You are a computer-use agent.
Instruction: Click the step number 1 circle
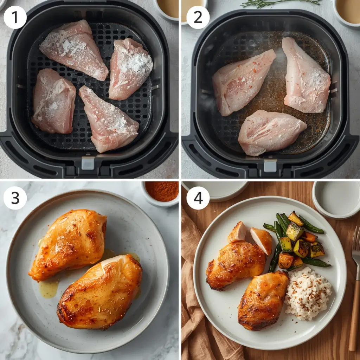[15, 17]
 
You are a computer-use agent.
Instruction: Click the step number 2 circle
[198, 17]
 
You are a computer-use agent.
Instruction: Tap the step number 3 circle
[15, 198]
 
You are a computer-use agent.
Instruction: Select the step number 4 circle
[198, 198]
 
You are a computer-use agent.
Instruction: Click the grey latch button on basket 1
[88, 163]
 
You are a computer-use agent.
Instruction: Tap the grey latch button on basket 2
[270, 165]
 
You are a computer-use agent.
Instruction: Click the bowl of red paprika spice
[162, 191]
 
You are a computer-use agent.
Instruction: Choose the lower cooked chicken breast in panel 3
[100, 292]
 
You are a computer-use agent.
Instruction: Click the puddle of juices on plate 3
[49, 288]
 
